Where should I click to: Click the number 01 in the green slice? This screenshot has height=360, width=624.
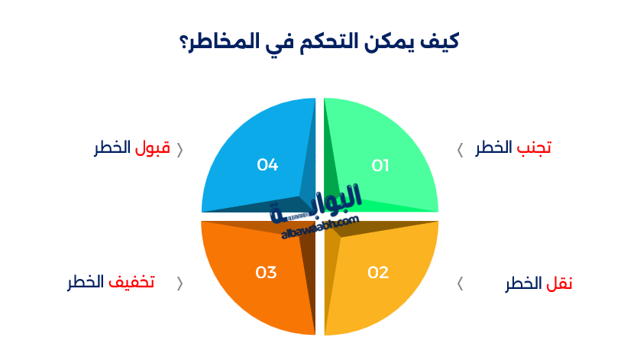tap(380, 165)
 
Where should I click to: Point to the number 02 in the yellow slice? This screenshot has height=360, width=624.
tap(378, 272)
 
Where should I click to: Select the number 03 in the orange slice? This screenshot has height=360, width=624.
tap(266, 272)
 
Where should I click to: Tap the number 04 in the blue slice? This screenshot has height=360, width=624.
tap(267, 164)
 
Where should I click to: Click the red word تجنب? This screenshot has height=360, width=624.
tap(534, 148)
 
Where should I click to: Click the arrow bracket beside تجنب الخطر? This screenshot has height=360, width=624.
tap(460, 150)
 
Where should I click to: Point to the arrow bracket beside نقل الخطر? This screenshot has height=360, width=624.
tap(460, 284)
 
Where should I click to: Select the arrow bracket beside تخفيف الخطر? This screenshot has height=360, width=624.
tap(180, 284)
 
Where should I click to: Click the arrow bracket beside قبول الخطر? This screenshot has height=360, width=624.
tap(180, 150)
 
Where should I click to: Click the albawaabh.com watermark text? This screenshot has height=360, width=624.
tap(319, 226)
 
